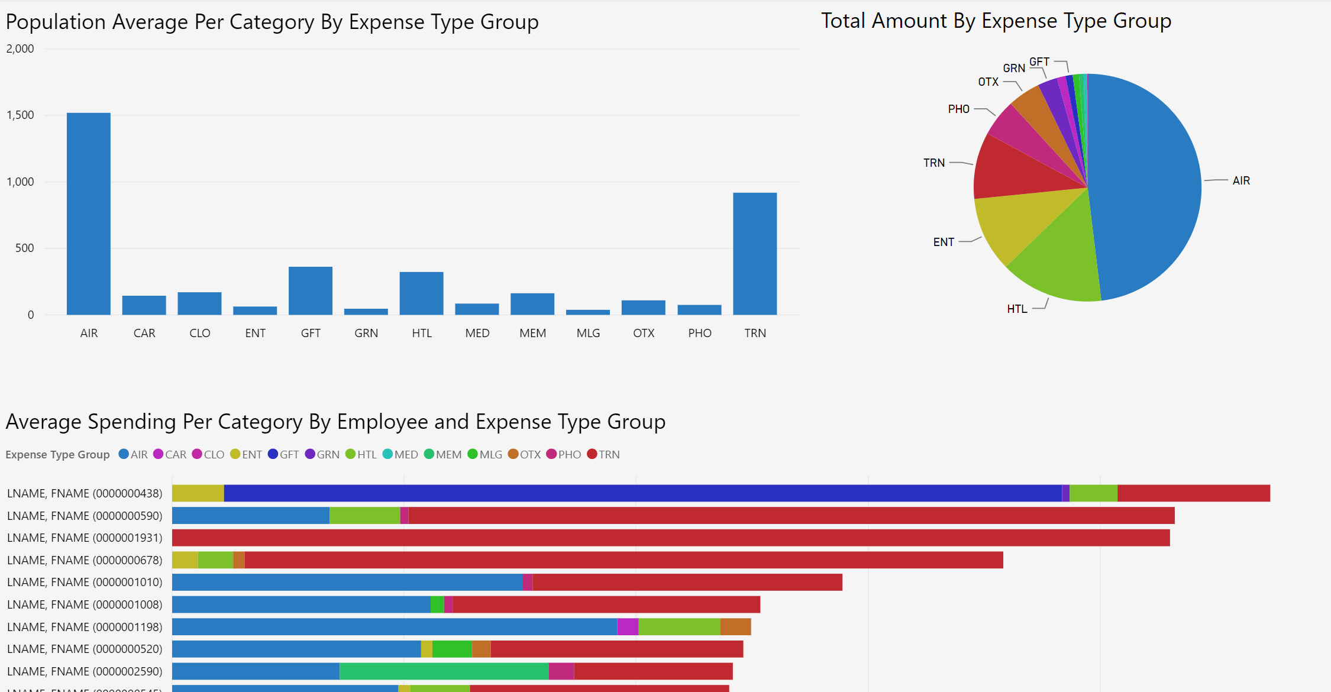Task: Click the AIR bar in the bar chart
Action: (x=88, y=214)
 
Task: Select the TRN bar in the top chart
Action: (x=754, y=254)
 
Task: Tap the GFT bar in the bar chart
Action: (x=310, y=290)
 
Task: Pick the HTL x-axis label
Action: (x=422, y=333)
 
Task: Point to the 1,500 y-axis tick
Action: (x=21, y=115)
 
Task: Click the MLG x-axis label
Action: (x=588, y=333)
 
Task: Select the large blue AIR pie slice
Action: (x=1148, y=183)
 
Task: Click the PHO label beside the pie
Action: (x=958, y=109)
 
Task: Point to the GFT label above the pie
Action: (x=1039, y=62)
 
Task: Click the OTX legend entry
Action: (x=525, y=454)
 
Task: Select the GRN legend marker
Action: (x=310, y=454)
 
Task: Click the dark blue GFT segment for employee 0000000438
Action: (x=642, y=493)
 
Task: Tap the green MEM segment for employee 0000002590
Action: (x=444, y=671)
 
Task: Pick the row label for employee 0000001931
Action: (x=85, y=538)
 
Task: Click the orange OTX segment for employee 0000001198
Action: (x=735, y=627)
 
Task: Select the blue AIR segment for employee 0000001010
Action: (x=347, y=583)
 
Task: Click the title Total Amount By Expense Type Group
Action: (x=996, y=21)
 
